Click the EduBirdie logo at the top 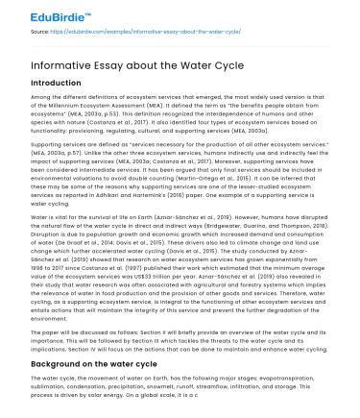[x=36, y=16]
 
